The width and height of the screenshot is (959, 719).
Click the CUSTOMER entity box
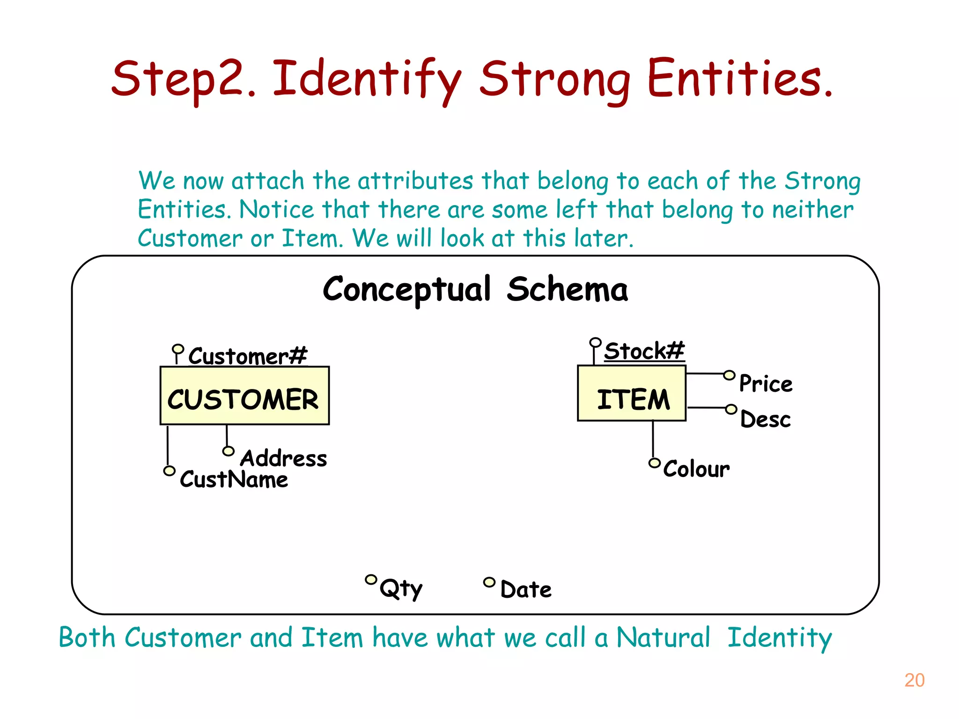click(244, 396)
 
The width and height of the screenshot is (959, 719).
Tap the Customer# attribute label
click(248, 356)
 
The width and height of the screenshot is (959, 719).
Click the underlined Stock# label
click(644, 351)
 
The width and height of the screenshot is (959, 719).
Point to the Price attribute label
click(766, 384)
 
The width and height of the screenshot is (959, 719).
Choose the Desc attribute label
click(766, 419)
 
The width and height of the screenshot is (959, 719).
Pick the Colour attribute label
click(696, 469)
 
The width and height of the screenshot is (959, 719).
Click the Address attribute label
click(283, 458)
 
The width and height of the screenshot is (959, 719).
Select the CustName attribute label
click(234, 479)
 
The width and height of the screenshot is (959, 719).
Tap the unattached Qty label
click(401, 588)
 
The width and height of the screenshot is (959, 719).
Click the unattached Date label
click(526, 589)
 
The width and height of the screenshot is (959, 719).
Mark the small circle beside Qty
click(371, 580)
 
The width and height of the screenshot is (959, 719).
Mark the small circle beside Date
click(489, 582)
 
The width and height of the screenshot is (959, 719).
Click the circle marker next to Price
click(729, 375)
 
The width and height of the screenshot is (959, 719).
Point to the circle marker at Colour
click(655, 463)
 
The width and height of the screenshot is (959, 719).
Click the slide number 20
click(914, 680)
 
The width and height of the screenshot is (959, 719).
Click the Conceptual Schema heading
click(475, 289)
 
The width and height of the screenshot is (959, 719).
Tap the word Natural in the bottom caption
click(663, 638)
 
